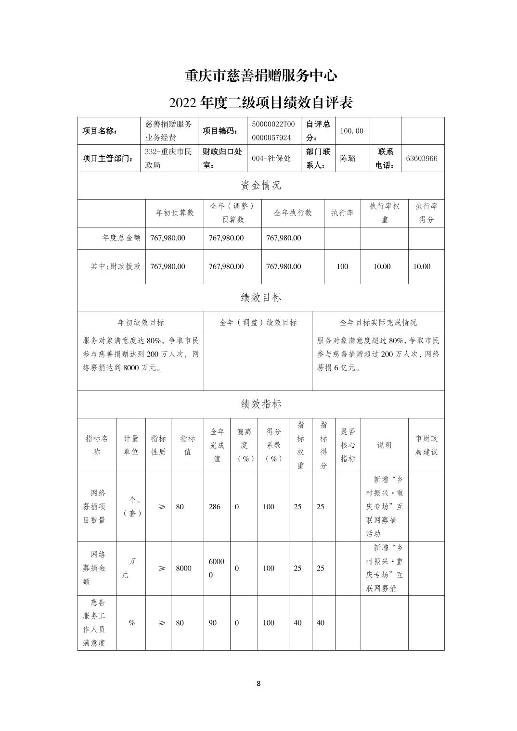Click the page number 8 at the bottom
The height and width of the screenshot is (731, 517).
258,683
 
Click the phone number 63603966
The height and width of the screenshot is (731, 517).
422,158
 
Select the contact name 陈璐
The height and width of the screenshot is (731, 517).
348,158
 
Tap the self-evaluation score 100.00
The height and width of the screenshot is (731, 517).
351,131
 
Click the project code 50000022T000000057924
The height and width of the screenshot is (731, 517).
271,130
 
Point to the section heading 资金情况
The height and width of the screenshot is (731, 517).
261,185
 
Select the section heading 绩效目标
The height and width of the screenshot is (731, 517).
261,298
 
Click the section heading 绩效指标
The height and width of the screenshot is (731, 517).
261,404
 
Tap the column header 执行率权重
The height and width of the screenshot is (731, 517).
384,213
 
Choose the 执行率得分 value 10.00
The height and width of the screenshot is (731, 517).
422,266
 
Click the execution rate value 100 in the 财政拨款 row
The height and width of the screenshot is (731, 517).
342,266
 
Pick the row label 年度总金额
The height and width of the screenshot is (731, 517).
121,238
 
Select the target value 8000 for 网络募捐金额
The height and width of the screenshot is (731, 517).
183,568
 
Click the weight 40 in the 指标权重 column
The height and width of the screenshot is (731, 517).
297,623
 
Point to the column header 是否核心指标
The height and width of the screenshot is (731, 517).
348,445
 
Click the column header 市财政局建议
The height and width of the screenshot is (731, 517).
427,445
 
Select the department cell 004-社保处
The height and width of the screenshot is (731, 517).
271,158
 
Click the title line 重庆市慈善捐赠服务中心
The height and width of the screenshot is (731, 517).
261,76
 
